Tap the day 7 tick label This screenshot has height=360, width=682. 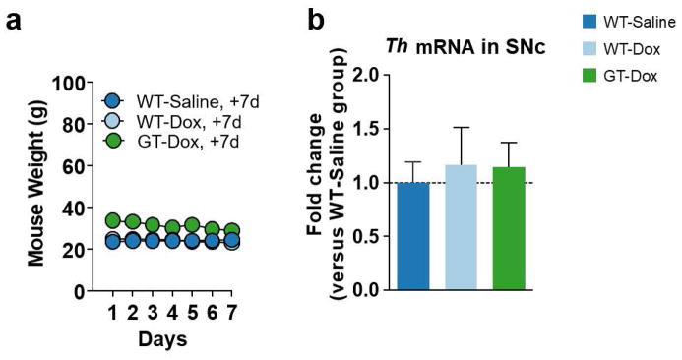point(230,312)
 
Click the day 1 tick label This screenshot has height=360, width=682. point(113,312)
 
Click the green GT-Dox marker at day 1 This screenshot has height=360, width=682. point(113,220)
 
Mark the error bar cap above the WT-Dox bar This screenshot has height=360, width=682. point(468,127)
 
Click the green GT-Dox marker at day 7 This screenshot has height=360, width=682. point(230,231)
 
